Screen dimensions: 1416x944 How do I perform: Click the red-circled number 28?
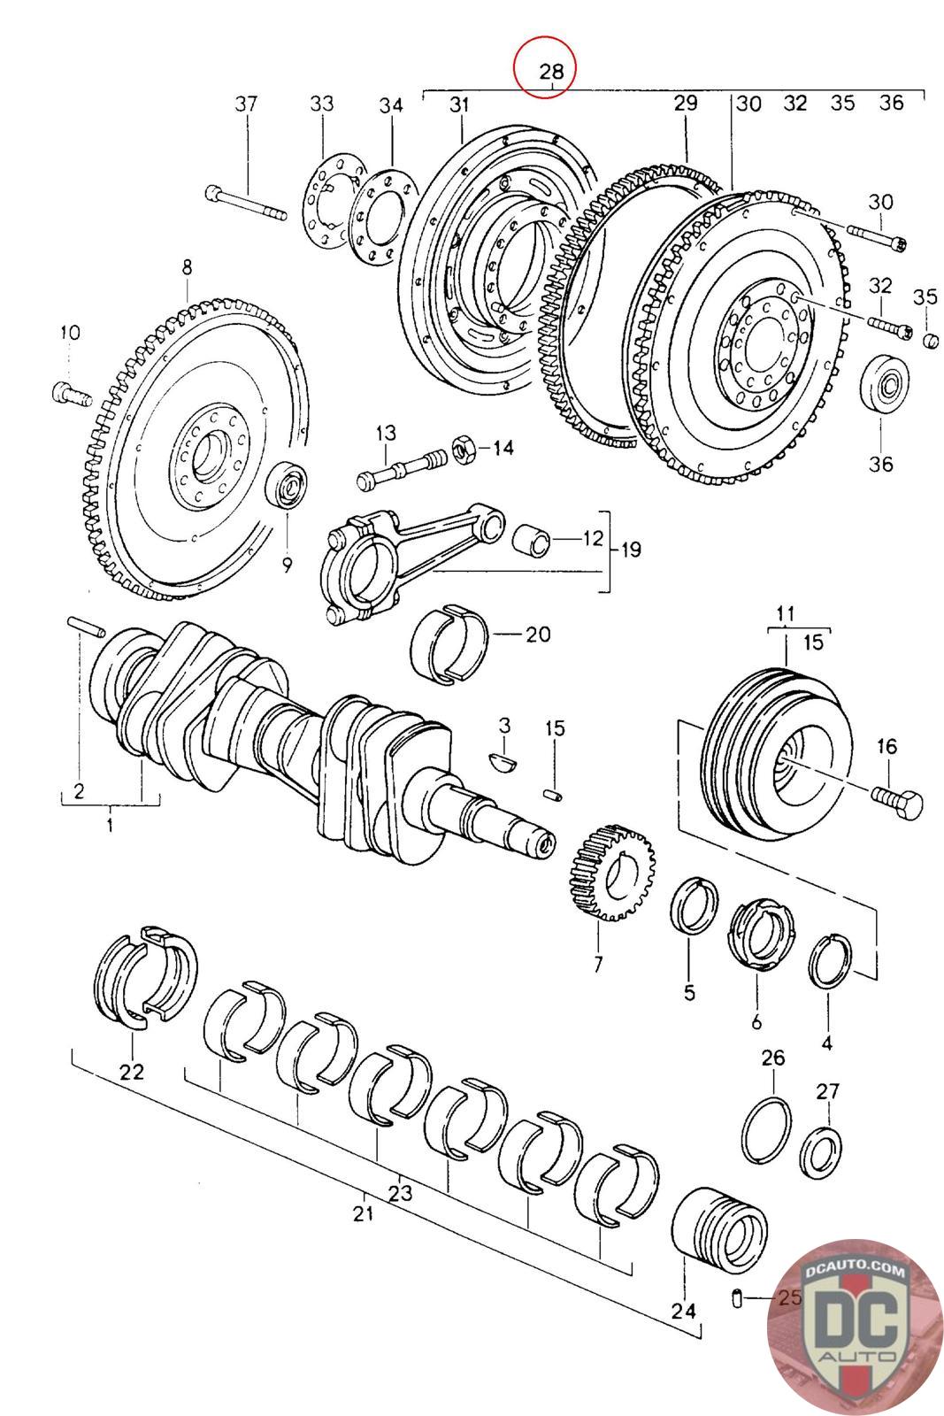tap(545, 68)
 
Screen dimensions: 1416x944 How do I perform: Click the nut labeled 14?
tap(464, 449)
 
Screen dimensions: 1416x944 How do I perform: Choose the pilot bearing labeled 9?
tap(288, 485)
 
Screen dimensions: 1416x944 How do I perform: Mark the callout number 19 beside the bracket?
tap(632, 550)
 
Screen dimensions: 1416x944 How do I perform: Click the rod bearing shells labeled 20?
tap(449, 643)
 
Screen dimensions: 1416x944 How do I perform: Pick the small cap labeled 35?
tap(929, 340)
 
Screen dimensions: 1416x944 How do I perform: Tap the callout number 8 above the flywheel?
tap(187, 266)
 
